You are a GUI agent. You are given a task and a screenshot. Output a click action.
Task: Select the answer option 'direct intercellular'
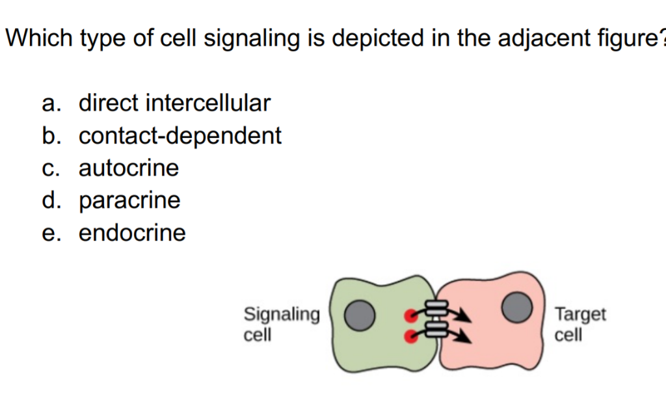pos(174,103)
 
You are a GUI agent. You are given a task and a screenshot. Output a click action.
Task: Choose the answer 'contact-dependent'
pos(180,135)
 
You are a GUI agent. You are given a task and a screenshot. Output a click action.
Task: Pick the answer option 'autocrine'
pos(129,168)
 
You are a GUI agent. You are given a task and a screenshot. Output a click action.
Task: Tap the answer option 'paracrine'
pos(129,200)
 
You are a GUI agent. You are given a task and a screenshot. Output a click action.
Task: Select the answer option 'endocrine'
pos(132,233)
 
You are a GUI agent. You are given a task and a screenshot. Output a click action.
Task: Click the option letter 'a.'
pos(51,103)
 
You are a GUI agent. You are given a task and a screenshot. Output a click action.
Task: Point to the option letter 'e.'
pos(51,233)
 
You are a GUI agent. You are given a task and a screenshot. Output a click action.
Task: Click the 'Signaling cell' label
pos(281,324)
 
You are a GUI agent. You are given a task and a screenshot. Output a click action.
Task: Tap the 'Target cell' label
pos(579,324)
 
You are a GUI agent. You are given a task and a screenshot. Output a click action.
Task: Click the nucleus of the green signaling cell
pos(360,315)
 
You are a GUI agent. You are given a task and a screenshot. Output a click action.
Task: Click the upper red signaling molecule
pos(410,316)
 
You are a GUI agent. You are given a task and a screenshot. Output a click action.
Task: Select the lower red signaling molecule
pos(410,336)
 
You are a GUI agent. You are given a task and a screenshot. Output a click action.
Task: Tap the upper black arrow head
pos(464,317)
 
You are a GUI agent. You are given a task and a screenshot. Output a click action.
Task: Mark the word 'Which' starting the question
pos(40,38)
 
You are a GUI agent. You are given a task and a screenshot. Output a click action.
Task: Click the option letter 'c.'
pos(51,168)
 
